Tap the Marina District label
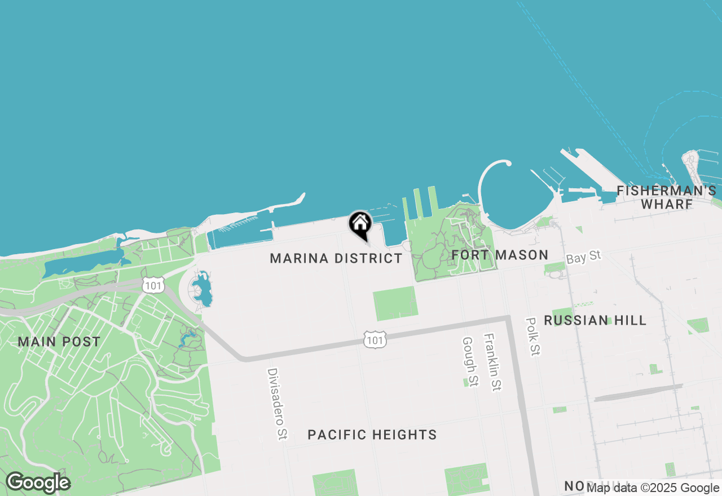point(336,259)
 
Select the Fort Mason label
point(500,255)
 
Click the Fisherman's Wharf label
point(667,197)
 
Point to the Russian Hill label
point(595,321)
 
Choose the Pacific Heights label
point(372,435)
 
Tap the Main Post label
point(59,342)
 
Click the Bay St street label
point(584,258)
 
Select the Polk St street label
point(532,336)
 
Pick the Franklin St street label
point(492,362)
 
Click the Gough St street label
point(470,362)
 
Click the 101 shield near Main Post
point(153,285)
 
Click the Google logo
point(38,482)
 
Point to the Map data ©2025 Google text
point(653,488)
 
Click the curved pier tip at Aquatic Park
point(508,163)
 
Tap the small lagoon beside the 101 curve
point(202,289)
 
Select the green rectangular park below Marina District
point(395,303)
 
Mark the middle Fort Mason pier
point(418,203)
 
